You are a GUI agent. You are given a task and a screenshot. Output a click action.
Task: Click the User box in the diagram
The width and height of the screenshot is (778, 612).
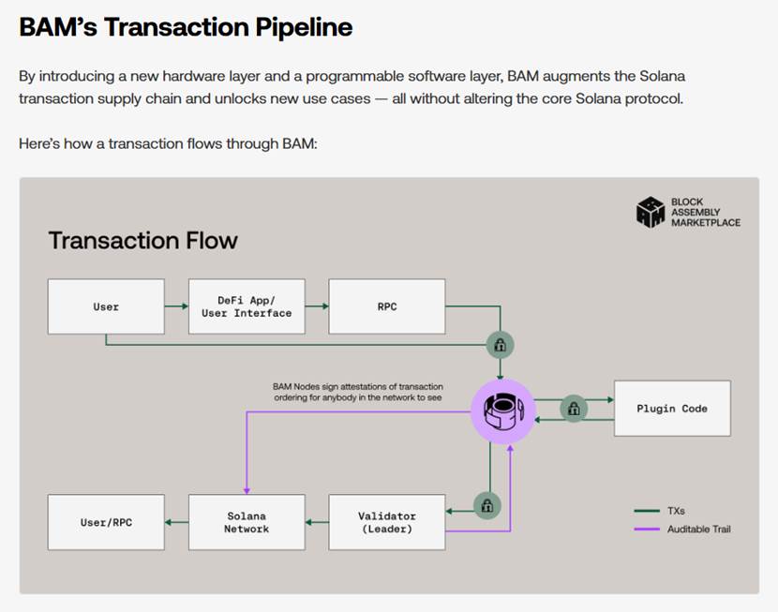106,306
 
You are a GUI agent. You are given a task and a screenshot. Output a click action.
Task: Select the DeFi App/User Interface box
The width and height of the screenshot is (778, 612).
247,306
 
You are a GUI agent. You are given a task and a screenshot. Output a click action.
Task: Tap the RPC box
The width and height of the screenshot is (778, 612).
387,306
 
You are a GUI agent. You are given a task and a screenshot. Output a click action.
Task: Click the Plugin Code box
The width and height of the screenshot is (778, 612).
672,409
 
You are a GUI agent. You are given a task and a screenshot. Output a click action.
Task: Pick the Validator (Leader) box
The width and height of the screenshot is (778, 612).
387,522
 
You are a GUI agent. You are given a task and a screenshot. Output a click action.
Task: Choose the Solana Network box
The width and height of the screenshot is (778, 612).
247,522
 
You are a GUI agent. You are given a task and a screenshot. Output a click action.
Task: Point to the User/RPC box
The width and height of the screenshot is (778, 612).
106,522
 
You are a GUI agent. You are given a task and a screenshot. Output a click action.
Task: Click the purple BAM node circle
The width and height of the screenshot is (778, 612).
502,410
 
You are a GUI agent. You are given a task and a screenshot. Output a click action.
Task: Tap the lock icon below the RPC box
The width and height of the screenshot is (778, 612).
500,344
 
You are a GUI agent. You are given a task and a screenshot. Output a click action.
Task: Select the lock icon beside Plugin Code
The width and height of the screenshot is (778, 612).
574,409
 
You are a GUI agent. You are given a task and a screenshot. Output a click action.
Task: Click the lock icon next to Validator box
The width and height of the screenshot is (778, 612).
486,506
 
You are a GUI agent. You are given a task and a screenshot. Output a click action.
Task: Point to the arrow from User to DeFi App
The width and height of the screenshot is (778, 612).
176,306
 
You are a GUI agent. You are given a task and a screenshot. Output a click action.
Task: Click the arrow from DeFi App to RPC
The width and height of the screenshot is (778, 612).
317,306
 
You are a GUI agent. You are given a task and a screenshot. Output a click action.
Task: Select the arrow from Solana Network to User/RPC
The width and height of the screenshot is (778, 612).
176,522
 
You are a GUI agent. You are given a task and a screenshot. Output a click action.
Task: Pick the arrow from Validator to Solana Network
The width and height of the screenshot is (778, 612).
317,522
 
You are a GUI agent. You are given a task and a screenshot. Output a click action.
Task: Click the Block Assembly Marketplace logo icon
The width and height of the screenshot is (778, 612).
651,212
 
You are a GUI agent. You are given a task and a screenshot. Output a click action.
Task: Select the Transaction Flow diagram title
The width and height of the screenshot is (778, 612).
142,241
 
